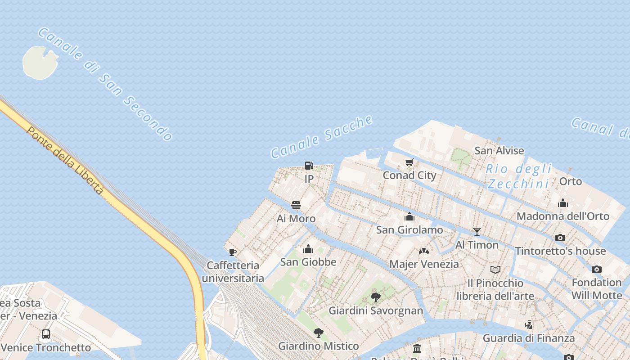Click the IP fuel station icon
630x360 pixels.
pos(309,166)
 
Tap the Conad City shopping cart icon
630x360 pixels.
pos(409,162)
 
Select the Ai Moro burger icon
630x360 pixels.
pos(296,205)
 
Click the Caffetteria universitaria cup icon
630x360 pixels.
pos(232,252)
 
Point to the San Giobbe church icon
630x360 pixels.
pos(308,249)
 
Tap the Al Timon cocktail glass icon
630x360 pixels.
pos(477,232)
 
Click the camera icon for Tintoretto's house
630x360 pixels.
pos(560,238)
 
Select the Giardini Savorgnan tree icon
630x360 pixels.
pos(376,297)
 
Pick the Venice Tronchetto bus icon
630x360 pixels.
pos(45,334)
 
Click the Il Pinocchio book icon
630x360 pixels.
pos(495,270)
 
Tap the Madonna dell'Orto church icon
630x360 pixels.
pos(562,203)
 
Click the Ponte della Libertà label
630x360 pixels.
pos(65,160)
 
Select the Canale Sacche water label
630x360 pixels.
pos(322,137)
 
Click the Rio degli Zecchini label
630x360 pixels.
pos(519,176)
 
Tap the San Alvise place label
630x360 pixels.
pos(499,150)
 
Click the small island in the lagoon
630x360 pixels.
pos(40,63)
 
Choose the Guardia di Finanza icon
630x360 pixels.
pos(529,324)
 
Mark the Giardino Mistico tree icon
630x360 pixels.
pos(319,333)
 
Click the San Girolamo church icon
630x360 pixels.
pos(409,216)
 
